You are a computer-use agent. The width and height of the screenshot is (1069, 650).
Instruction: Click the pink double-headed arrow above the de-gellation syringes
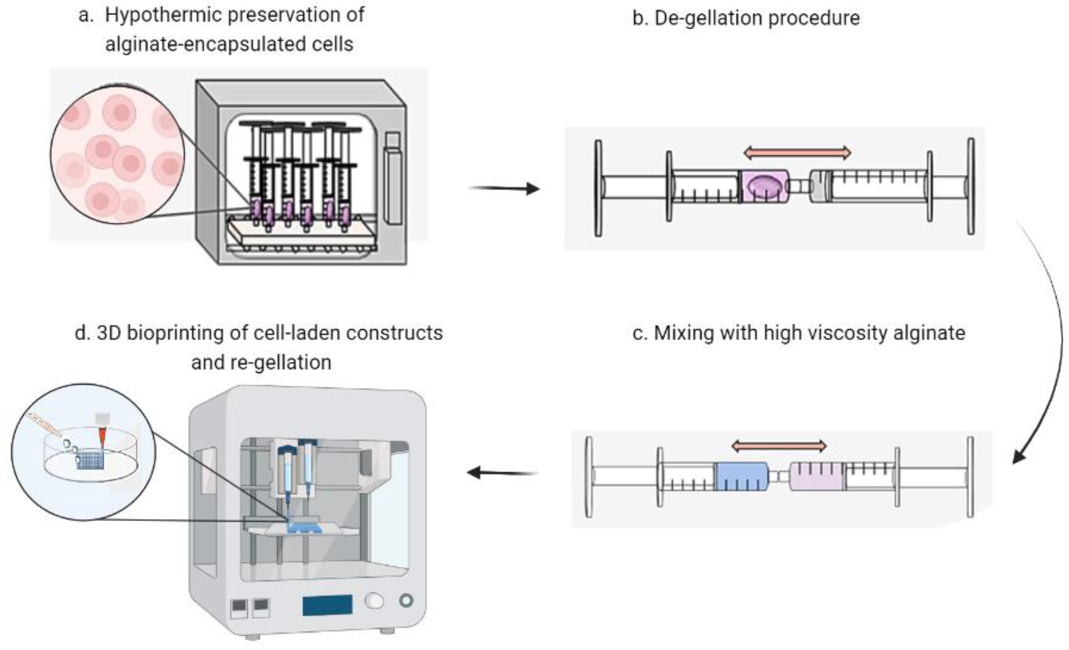798,153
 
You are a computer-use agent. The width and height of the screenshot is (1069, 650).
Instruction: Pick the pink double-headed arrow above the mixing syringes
779,446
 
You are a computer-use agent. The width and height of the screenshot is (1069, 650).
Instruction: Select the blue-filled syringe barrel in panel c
741,476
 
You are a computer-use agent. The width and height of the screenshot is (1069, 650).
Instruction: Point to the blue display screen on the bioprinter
327,605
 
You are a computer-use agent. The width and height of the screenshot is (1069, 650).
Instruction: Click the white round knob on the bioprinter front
374,601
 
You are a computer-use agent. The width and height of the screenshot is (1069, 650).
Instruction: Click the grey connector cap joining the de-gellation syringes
821,186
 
